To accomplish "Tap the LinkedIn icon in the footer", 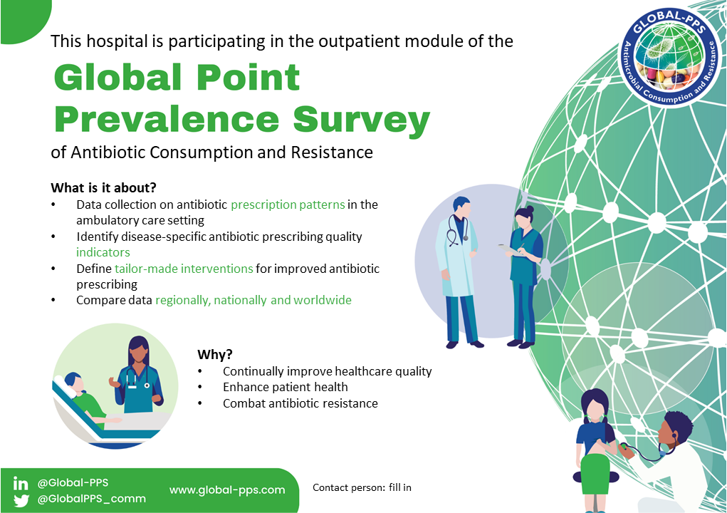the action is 21,483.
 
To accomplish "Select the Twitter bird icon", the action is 21,500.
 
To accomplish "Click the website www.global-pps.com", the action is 227,490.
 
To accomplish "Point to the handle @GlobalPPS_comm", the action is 91,499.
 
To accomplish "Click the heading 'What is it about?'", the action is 103,188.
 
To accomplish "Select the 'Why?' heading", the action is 214,355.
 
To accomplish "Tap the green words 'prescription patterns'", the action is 288,205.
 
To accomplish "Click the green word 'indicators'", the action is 103,252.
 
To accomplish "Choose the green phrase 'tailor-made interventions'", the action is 184,269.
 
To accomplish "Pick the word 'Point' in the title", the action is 248,78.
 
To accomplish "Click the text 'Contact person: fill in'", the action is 362,487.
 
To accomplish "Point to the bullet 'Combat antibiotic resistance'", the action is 300,403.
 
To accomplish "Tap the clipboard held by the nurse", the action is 510,250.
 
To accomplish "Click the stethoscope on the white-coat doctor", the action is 456,231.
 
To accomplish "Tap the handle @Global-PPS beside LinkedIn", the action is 73,483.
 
